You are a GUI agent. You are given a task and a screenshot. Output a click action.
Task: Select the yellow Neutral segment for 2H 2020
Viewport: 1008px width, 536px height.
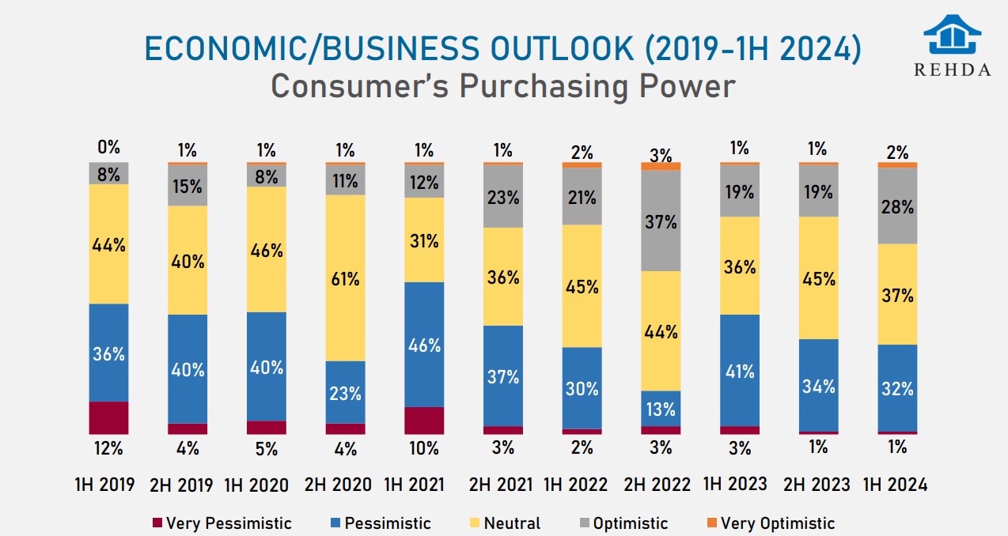pyautogui.click(x=346, y=277)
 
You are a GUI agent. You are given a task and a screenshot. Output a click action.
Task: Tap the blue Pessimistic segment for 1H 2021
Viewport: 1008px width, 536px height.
pyautogui.click(x=424, y=344)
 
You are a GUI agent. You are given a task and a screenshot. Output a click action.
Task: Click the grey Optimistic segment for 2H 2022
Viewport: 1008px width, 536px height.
pyautogui.click(x=661, y=221)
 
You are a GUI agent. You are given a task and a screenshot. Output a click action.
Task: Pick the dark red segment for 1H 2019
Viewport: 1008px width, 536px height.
pyautogui.click(x=108, y=417)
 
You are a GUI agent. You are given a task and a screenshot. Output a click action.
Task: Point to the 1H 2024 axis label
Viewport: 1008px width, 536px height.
pyautogui.click(x=896, y=484)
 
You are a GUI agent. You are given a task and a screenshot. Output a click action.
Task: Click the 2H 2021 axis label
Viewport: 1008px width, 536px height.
pyautogui.click(x=502, y=484)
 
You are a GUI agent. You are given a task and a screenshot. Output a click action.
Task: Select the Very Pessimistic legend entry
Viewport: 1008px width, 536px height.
pyautogui.click(x=221, y=523)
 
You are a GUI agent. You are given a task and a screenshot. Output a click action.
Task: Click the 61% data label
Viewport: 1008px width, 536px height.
pyautogui.click(x=346, y=278)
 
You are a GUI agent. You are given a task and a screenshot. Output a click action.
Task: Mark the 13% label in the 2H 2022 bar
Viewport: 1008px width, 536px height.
pyautogui.click(x=661, y=410)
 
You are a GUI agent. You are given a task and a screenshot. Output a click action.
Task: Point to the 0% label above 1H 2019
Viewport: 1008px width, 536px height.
pyautogui.click(x=108, y=147)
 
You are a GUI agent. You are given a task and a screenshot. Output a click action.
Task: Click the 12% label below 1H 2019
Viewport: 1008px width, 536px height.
pyautogui.click(x=108, y=448)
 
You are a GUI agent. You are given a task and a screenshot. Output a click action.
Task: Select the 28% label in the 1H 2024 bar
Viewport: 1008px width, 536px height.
pyautogui.click(x=897, y=207)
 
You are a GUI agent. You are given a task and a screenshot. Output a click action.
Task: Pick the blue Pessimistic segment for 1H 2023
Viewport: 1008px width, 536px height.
pyautogui.click(x=740, y=370)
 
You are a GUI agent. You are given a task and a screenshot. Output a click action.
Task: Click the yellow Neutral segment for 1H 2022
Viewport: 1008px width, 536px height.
pyautogui.click(x=582, y=285)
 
